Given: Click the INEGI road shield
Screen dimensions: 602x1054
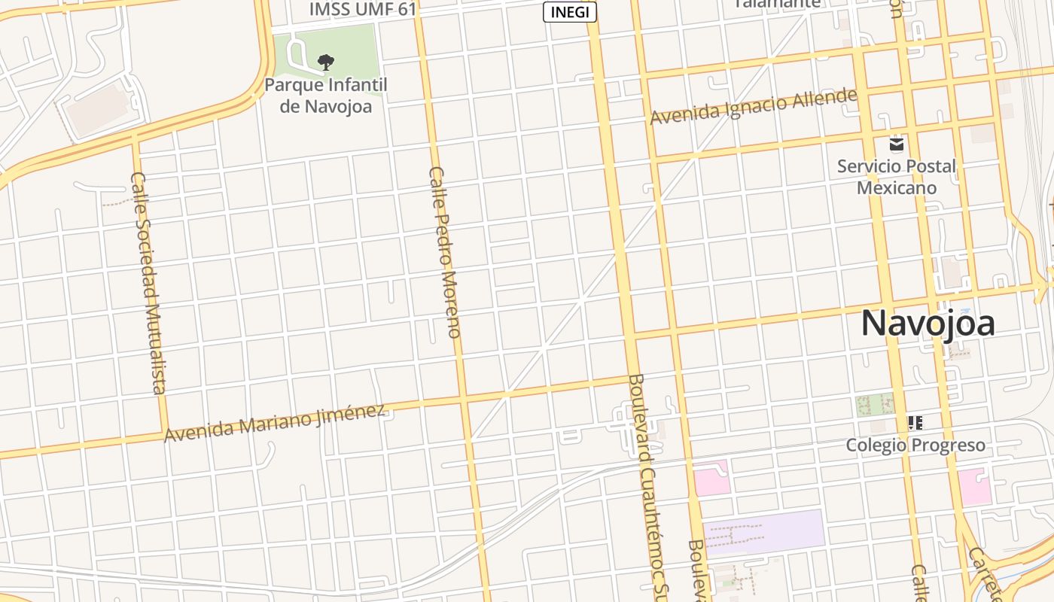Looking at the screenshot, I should (x=570, y=12).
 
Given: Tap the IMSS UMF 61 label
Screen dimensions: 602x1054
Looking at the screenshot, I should (x=363, y=10).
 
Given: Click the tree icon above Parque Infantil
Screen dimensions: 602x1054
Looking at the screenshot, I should (x=325, y=62).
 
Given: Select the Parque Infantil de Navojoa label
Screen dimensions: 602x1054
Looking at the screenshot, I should (x=326, y=96).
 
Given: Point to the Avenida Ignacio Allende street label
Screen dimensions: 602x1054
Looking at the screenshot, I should (x=754, y=107).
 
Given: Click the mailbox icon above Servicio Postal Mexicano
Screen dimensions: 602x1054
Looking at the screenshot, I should (x=896, y=144).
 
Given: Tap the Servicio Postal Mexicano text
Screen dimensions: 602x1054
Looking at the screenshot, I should (x=896, y=177).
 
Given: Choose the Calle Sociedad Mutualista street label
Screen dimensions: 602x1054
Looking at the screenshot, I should (x=148, y=282).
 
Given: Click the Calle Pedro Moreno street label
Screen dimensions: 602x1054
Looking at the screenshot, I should (x=443, y=252).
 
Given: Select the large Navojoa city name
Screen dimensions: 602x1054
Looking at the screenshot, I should (x=928, y=323).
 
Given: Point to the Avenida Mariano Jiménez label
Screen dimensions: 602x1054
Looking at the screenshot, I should (x=275, y=423).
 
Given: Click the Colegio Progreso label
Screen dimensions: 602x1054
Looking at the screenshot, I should (x=915, y=445).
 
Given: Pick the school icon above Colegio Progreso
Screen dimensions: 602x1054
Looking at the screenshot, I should (x=915, y=422).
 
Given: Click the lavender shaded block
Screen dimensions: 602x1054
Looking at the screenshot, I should (x=763, y=531).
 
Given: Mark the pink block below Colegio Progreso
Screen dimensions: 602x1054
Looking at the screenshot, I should (x=974, y=486).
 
